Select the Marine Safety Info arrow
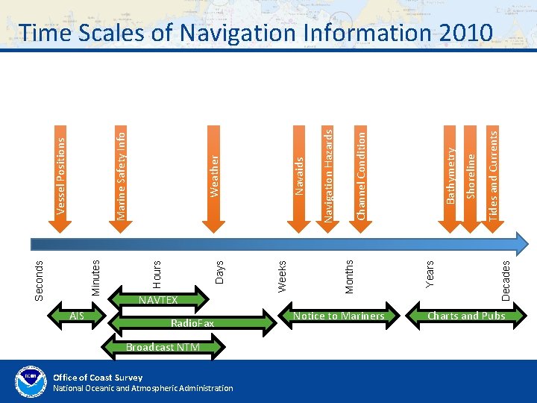click(120, 175)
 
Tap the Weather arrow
click(214, 176)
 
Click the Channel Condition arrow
click(360, 175)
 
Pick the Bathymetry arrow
click(450, 175)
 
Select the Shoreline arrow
click(471, 176)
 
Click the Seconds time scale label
click(40, 279)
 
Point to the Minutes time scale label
click(95, 276)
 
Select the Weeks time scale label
click(282, 275)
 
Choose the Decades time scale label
click(506, 279)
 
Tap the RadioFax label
click(192, 323)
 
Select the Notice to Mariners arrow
click(339, 316)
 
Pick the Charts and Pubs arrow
click(466, 316)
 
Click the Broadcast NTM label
click(163, 347)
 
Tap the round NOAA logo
click(31, 381)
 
